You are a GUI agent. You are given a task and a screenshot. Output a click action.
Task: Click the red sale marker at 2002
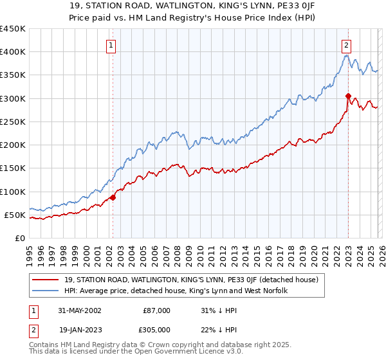pos(113,197)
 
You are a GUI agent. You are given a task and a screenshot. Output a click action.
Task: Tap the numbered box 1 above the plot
pos(112,46)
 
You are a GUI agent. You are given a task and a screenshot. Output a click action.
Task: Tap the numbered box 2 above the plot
pos(346,46)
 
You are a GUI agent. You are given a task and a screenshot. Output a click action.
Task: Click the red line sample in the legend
pos(46,279)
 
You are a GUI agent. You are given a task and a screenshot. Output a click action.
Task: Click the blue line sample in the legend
pos(46,291)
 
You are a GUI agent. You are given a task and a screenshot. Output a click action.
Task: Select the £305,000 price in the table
pos(157,328)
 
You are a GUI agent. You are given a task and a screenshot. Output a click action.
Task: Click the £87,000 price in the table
pos(157,310)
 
